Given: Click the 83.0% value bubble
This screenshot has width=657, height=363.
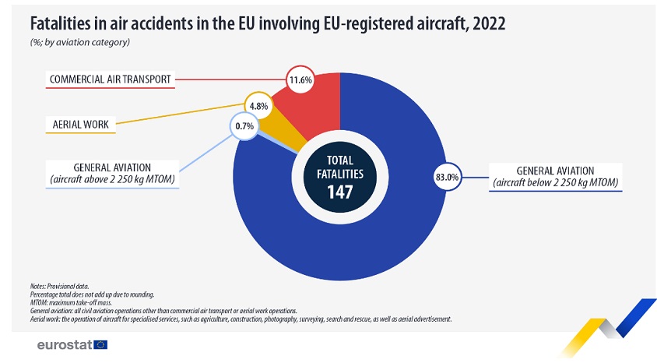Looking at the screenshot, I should coord(447,178).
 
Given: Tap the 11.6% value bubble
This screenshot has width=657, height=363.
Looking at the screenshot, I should coord(300,79).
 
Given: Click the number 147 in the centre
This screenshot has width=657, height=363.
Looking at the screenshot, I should coord(339,191).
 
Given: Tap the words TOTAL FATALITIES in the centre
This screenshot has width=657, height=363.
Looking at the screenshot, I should coord(339,167).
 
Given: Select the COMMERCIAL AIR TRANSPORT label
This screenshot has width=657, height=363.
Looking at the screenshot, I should coord(110,79).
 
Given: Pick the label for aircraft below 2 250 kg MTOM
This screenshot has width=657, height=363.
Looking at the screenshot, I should coord(555,177).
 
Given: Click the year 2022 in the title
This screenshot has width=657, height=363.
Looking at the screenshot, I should coord(485,23).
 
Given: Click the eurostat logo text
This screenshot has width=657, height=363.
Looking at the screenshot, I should coord(65,344).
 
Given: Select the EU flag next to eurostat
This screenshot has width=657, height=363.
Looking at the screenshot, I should coord(100,344).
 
